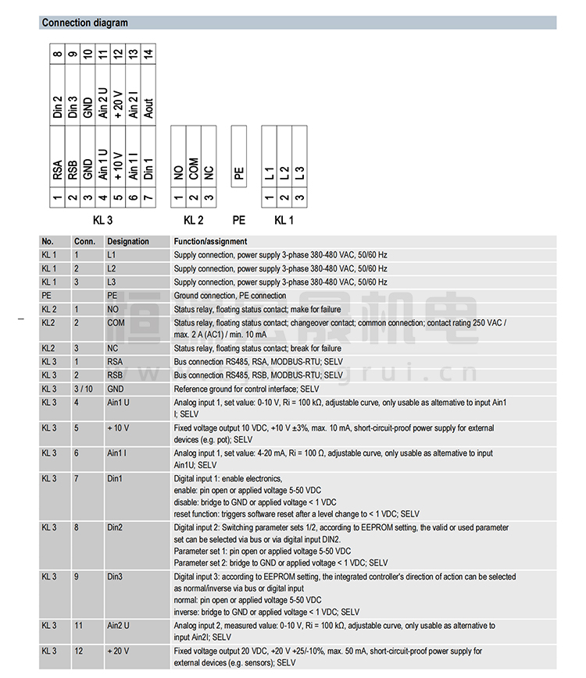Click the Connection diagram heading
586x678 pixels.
[x=85, y=23]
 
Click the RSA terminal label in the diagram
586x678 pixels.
[x=58, y=169]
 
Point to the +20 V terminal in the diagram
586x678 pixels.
[x=118, y=105]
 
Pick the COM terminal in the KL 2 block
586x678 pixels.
[x=194, y=169]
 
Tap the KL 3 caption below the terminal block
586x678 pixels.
[x=103, y=221]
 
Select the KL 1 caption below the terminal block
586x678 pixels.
[x=284, y=221]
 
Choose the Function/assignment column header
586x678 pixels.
[x=210, y=242]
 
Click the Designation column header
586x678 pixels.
[x=128, y=242]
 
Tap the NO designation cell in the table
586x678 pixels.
[x=113, y=309]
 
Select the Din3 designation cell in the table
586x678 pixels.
[x=115, y=577]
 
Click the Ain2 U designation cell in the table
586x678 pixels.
[x=119, y=626]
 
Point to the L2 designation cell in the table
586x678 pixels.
[x=112, y=268]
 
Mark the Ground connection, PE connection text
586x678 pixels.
[x=230, y=296]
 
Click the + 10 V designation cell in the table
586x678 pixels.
[x=119, y=428]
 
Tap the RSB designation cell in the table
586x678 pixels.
[x=116, y=375]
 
